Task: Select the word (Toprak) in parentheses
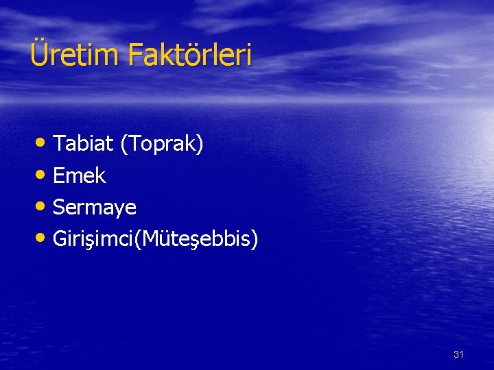tap(161, 145)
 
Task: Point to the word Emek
tap(79, 176)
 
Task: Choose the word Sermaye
tap(95, 208)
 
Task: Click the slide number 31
tap(459, 354)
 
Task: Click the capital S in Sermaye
tap(59, 207)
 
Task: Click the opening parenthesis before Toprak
tap(123, 145)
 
